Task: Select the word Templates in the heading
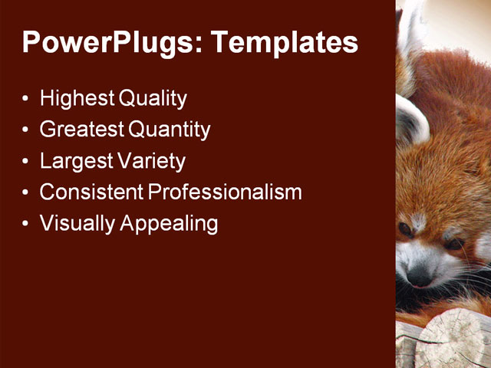[x=285, y=42]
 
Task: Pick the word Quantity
[x=170, y=130]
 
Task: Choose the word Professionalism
[x=225, y=192]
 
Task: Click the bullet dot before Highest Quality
[x=27, y=100]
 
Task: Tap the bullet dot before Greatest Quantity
[x=27, y=131]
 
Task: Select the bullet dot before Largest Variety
[x=27, y=163]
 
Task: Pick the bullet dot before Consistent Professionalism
[x=27, y=193]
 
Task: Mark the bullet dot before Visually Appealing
[x=27, y=225]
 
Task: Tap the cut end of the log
[x=452, y=337]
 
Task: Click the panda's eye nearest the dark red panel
[x=405, y=229]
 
